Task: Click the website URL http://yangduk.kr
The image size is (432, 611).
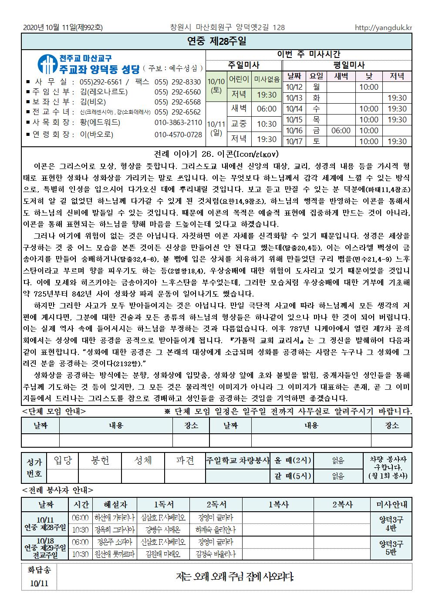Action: click(383, 27)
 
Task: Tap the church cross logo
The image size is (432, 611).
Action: click(45, 64)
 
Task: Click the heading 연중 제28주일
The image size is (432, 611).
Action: click(216, 41)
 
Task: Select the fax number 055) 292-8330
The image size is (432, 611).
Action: click(177, 82)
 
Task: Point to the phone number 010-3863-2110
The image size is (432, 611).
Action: click(178, 122)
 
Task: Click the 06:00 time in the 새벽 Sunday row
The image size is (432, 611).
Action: click(267, 108)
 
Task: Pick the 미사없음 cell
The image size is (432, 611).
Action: click(267, 79)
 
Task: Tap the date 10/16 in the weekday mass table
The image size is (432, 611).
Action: click(294, 130)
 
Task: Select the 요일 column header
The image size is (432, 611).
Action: click(316, 76)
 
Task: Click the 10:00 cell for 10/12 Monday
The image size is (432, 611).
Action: click(368, 87)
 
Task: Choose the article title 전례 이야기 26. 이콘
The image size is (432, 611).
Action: click(216, 154)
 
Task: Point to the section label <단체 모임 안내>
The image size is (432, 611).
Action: click(54, 411)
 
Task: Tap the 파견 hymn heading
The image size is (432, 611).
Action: click(185, 460)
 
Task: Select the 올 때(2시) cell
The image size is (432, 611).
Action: click(293, 460)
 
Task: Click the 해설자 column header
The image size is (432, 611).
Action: click(115, 504)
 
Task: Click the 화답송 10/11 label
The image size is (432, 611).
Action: click(39, 576)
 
